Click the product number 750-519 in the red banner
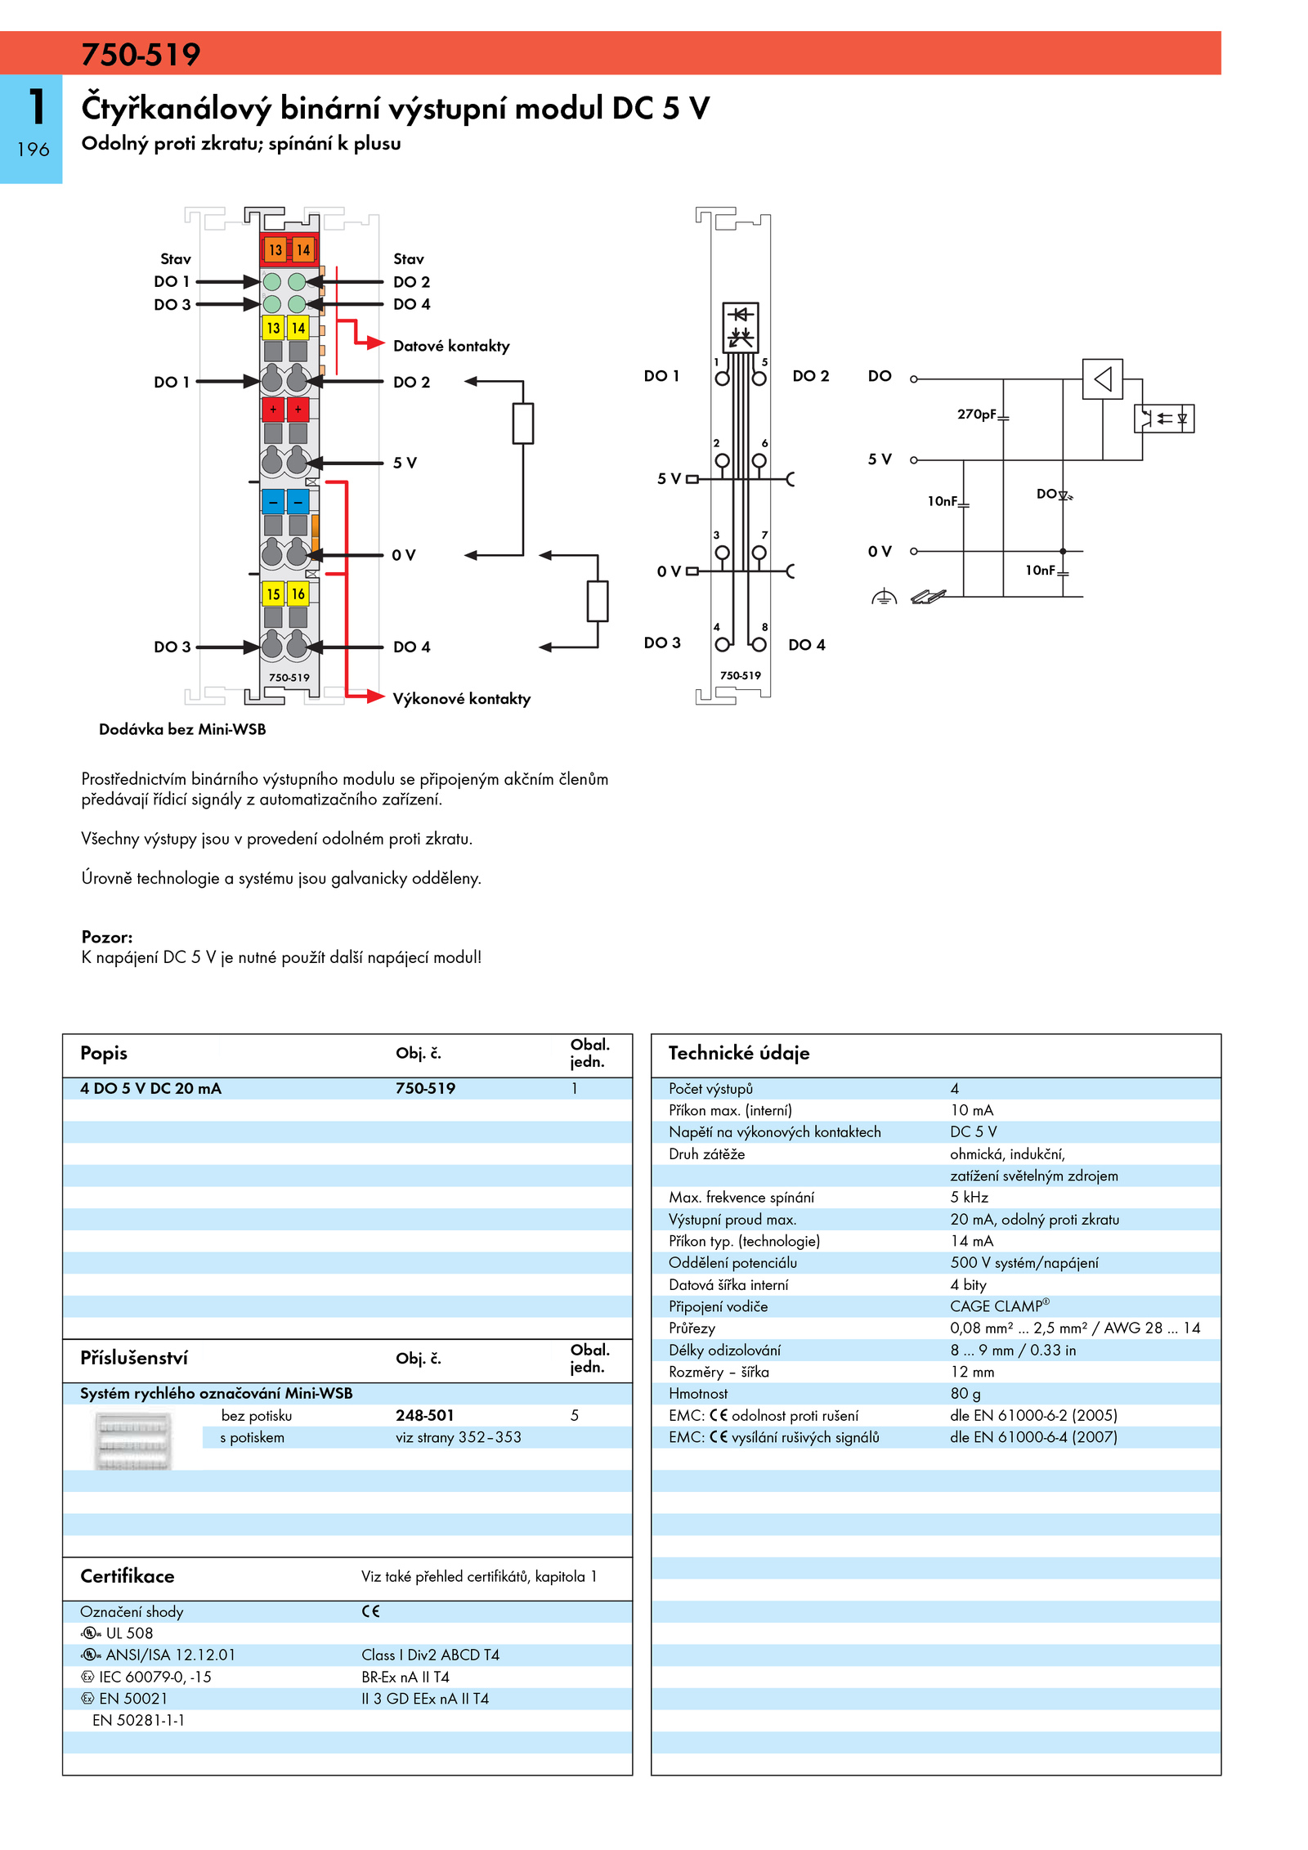pyautogui.click(x=141, y=55)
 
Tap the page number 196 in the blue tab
pyautogui.click(x=33, y=150)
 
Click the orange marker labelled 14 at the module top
pyautogui.click(x=303, y=249)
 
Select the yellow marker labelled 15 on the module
pyautogui.click(x=273, y=594)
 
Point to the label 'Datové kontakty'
pyautogui.click(x=451, y=346)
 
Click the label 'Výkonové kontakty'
pyautogui.click(x=461, y=698)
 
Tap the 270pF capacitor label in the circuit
pyautogui.click(x=977, y=414)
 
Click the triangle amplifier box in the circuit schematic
pyautogui.click(x=1102, y=379)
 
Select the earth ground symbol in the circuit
pyautogui.click(x=884, y=597)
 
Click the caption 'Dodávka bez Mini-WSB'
pyautogui.click(x=182, y=729)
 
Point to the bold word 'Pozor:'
pyautogui.click(x=107, y=937)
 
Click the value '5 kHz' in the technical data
pyautogui.click(x=969, y=1197)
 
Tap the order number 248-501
pyautogui.click(x=424, y=1415)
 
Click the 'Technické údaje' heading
pyautogui.click(x=739, y=1053)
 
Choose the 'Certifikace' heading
pyautogui.click(x=128, y=1576)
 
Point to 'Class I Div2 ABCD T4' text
pyautogui.click(x=430, y=1655)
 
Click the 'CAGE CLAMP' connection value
pyautogui.click(x=999, y=1306)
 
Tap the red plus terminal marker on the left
pyautogui.click(x=273, y=409)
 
